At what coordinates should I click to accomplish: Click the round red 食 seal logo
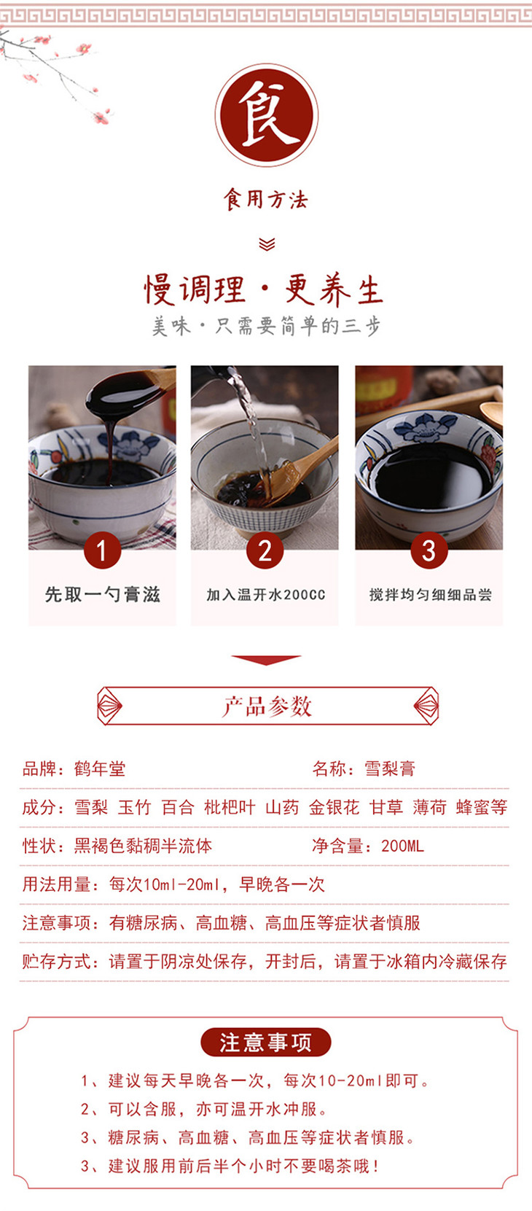[x=266, y=115]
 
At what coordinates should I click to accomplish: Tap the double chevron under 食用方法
[x=267, y=244]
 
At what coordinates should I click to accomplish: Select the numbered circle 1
[x=102, y=550]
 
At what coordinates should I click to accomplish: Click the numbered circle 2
[x=265, y=550]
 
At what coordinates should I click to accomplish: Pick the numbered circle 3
[x=429, y=550]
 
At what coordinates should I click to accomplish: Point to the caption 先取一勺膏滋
[x=102, y=595]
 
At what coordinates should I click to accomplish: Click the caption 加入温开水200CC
[x=265, y=595]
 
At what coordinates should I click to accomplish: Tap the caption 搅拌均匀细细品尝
[x=431, y=595]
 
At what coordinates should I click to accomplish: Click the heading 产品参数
[x=267, y=706]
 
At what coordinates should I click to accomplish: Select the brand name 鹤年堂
[x=100, y=768]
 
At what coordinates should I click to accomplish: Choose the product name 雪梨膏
[x=390, y=768]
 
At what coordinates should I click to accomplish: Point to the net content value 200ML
[x=402, y=846]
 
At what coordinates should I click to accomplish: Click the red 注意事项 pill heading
[x=265, y=1042]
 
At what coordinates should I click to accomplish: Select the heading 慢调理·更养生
[x=264, y=289]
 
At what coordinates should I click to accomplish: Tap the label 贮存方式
[x=55, y=962]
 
